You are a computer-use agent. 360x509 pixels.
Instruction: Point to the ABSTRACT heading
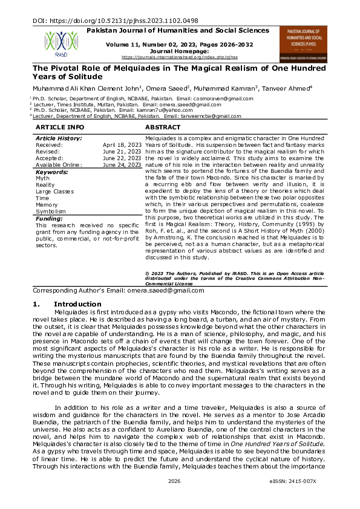(163, 128)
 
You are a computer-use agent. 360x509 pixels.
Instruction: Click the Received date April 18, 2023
(122, 145)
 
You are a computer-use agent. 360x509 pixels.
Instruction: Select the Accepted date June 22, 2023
(123, 158)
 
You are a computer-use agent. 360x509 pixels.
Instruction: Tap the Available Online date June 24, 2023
(122, 164)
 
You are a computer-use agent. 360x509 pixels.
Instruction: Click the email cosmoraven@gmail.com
(219, 98)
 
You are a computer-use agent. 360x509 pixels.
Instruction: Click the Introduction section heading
(77, 304)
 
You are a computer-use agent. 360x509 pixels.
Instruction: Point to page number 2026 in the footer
(175, 497)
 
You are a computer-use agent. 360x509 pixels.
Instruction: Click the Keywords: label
(53, 172)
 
